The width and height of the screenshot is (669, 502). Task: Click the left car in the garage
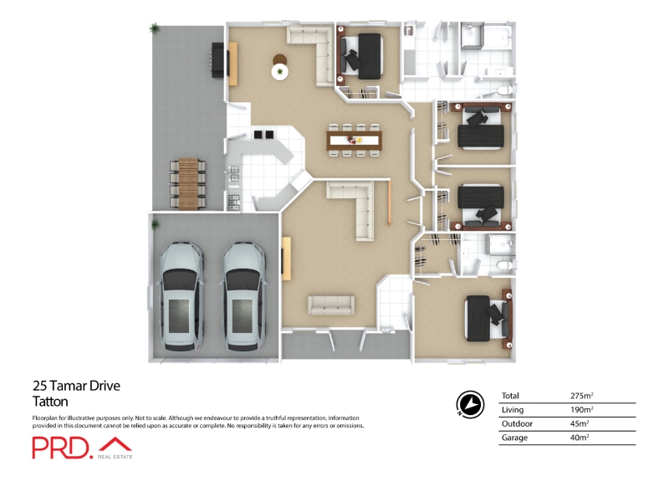(x=181, y=297)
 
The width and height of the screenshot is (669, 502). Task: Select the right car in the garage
(x=244, y=297)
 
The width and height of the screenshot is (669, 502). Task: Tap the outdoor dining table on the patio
(x=188, y=183)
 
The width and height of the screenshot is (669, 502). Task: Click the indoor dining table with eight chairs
(x=354, y=140)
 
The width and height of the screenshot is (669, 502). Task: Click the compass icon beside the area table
(x=470, y=403)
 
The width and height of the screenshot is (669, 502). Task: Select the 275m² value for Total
(x=581, y=395)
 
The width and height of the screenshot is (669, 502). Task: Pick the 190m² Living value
(x=581, y=409)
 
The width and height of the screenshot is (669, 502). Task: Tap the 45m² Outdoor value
(x=580, y=423)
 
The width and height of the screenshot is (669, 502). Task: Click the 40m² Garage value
(x=580, y=438)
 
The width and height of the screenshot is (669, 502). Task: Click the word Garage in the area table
(x=514, y=438)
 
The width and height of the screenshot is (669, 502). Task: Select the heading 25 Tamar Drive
(x=76, y=386)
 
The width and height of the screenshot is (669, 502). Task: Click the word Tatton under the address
(x=50, y=402)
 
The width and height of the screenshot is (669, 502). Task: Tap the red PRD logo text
(x=62, y=448)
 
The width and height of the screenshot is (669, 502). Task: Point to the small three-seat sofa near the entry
(x=331, y=305)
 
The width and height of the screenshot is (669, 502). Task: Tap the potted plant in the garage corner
(x=155, y=223)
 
